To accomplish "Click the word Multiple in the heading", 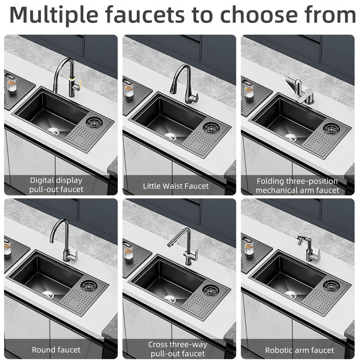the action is pos(54,15).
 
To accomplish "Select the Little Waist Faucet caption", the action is pos(176,186).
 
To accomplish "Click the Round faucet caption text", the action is pos(56,350).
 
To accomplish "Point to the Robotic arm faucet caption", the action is pos(300,351).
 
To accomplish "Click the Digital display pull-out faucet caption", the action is pos(56,185).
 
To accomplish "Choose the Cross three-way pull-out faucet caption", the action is pos(178,349).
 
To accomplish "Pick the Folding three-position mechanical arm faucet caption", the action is pos(297,186).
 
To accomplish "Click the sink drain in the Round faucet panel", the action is pos(48,294).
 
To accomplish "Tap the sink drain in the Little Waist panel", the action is pos(171,136).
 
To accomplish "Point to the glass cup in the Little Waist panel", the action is pos(129,90).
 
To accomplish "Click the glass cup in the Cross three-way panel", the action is pos(128,252).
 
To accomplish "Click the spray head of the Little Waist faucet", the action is pos(173,88).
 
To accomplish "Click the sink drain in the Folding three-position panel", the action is pos(291,137).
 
